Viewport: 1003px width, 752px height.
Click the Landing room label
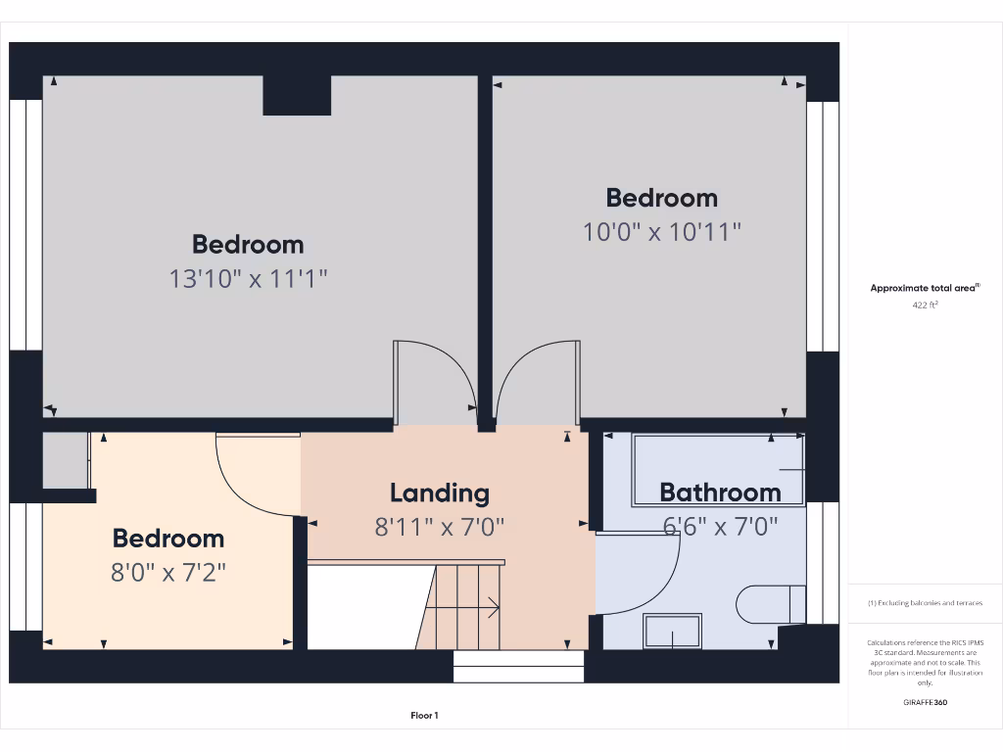pos(439,493)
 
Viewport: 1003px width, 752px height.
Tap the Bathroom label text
pos(720,492)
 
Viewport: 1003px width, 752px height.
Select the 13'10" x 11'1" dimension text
pos(248,279)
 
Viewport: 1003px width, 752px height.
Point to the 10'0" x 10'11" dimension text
pos(662,232)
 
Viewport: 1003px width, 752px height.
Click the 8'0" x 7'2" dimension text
pos(168,572)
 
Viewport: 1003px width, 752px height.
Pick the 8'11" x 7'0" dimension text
pos(439,528)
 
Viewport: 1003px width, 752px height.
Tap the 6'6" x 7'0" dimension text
pos(720,527)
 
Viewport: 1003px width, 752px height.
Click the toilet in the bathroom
pos(770,604)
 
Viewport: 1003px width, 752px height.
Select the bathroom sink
pos(672,632)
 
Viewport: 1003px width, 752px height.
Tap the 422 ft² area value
pos(925,305)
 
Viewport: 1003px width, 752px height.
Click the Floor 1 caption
pos(424,716)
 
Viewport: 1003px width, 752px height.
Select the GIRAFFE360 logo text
pos(925,702)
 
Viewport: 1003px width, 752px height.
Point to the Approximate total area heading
pos(925,288)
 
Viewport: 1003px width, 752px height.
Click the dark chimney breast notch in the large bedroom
pos(297,95)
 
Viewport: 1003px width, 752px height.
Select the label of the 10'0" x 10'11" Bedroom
pos(662,198)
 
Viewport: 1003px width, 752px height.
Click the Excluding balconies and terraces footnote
pos(925,603)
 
